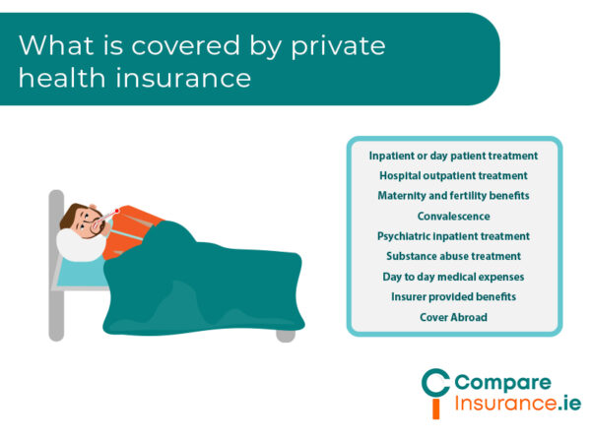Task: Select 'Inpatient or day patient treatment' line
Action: [x=453, y=156]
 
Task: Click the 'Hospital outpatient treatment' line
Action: [x=453, y=175]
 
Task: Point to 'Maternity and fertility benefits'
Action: [x=453, y=196]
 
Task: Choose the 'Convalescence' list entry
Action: [x=453, y=216]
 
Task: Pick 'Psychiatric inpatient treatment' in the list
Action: [x=453, y=236]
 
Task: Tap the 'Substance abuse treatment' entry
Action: [x=453, y=256]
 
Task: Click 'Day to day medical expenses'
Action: [x=453, y=277]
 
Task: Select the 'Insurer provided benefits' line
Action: [x=453, y=296]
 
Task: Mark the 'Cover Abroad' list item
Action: [x=453, y=317]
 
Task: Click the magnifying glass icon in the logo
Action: [x=434, y=390]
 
